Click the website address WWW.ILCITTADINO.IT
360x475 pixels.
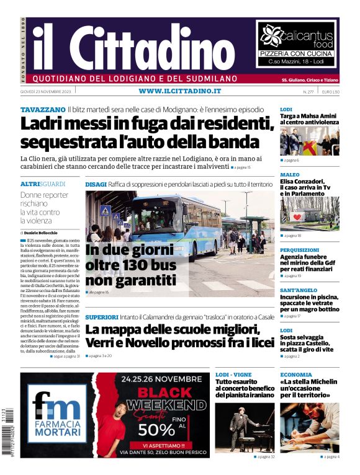[x=180, y=91]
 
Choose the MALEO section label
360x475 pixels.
[x=289, y=175]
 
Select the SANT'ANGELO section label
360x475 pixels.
[x=298, y=290]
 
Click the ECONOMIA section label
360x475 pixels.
[x=295, y=375]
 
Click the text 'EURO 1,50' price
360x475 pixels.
[x=330, y=92]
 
